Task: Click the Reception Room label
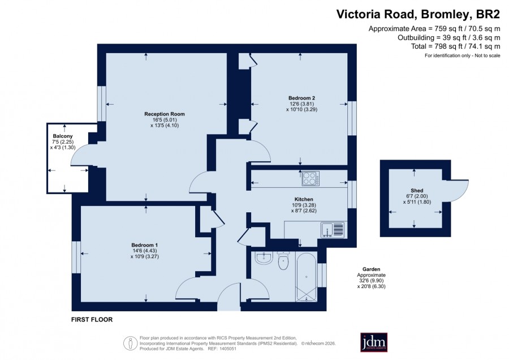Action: click(165, 114)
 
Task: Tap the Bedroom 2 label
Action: click(301, 98)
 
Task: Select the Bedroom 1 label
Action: click(144, 245)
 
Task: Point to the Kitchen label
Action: click(304, 199)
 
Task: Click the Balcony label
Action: click(63, 136)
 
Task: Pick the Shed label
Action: click(417, 191)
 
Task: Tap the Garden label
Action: click(372, 269)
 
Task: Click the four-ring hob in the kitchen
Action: click(310, 178)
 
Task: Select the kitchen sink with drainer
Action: click(333, 230)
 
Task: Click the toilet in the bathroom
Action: click(283, 260)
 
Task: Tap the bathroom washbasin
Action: click(264, 258)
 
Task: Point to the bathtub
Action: click(306, 277)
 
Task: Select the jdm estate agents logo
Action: click(374, 342)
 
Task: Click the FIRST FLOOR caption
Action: click(92, 320)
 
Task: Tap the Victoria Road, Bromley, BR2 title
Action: click(418, 15)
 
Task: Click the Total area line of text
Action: click(455, 46)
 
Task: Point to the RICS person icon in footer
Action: click(131, 343)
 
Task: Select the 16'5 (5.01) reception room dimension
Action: click(165, 120)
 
